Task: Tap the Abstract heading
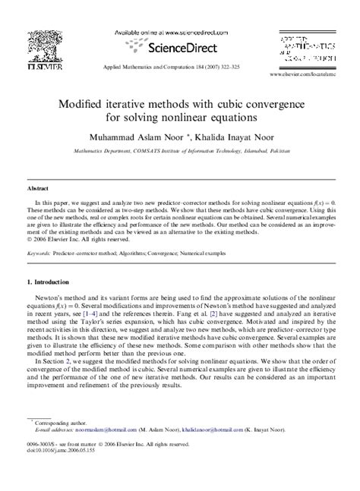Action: point(38,185)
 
